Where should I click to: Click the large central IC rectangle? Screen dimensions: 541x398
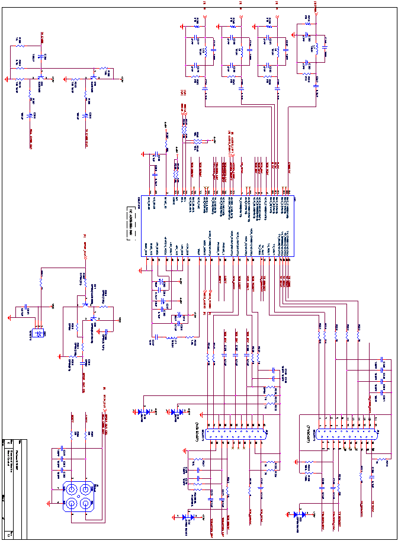(217, 227)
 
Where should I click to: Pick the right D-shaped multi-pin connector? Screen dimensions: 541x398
(346, 434)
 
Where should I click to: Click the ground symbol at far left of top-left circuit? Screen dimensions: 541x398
(7, 78)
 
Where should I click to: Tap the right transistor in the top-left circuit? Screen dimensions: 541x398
(40, 77)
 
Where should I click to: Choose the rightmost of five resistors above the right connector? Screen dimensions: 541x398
(358, 336)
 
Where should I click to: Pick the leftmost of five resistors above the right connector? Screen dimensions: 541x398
(320, 336)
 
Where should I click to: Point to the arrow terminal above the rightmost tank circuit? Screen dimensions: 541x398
(316, 8)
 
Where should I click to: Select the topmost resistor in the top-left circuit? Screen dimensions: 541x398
(20, 45)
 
